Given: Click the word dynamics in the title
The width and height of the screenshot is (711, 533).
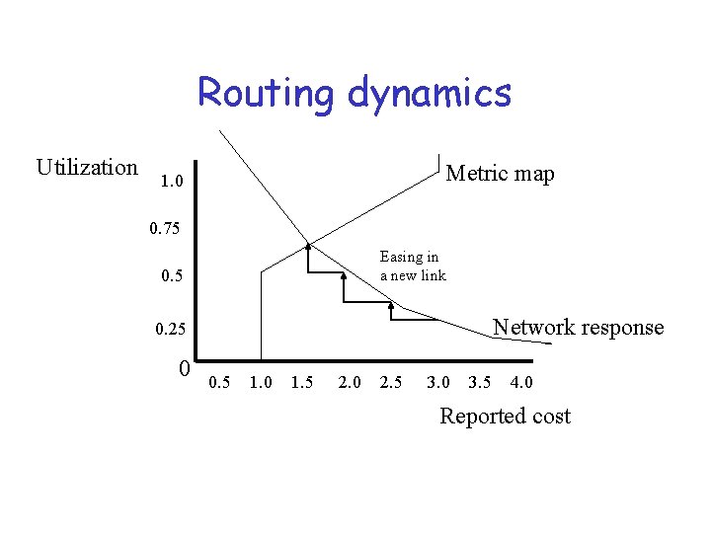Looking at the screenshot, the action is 430,94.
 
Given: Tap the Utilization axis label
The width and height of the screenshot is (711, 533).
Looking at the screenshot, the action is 87,168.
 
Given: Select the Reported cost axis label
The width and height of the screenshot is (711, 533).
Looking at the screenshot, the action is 505,417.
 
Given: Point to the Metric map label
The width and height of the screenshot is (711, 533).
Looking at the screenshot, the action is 500,175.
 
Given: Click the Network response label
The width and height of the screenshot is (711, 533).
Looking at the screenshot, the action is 578,328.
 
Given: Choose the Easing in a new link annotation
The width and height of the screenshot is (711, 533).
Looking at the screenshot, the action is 413,266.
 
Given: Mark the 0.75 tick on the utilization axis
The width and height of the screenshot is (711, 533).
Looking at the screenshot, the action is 165,230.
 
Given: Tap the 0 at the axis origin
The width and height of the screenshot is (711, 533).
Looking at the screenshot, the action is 185,369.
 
